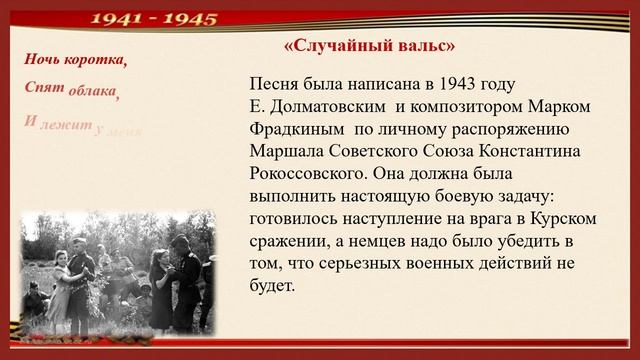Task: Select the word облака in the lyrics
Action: click(x=93, y=93)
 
